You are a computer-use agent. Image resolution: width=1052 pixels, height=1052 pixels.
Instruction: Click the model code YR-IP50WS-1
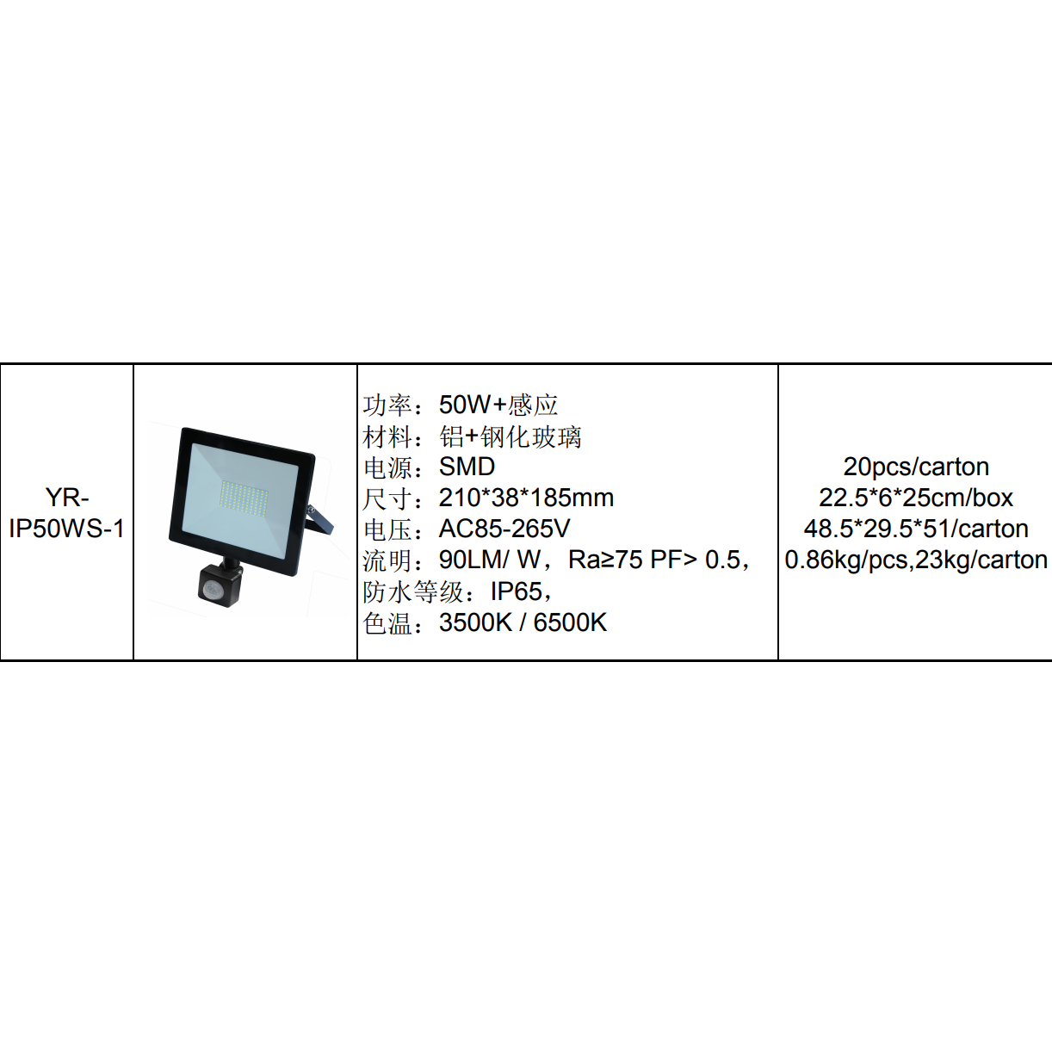coord(66,512)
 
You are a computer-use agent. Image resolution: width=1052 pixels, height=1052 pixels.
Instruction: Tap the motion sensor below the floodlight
coord(220,585)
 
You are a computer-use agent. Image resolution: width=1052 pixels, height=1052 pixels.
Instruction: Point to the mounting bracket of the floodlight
coord(319,521)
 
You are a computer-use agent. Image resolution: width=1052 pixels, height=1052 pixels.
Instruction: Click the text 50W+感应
coord(498,405)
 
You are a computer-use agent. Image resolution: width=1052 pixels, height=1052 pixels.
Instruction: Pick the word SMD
coord(467,467)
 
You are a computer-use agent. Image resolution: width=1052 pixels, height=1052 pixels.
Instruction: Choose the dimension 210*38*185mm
coord(526,498)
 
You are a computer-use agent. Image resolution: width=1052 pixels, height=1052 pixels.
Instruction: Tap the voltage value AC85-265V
coord(504,529)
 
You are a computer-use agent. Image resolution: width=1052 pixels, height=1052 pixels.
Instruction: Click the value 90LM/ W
coord(490,560)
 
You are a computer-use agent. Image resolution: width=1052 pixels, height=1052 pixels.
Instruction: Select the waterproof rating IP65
coord(517,591)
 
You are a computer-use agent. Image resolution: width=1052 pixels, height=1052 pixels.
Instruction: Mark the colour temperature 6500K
coord(570,622)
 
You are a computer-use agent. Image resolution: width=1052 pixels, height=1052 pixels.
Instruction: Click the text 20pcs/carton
coord(915,467)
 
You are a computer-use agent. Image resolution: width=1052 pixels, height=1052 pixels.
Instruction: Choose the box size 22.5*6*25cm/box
coord(915,498)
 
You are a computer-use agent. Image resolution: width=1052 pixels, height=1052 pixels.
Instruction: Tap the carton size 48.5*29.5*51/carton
coord(915,529)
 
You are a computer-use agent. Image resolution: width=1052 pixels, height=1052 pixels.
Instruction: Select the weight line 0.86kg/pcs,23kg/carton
coord(915,560)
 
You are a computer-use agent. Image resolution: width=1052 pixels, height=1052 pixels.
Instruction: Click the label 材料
coord(387,436)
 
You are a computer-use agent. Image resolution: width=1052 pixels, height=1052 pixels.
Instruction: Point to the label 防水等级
coord(413,591)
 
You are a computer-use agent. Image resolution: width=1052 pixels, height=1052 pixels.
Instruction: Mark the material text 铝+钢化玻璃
coord(510,436)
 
